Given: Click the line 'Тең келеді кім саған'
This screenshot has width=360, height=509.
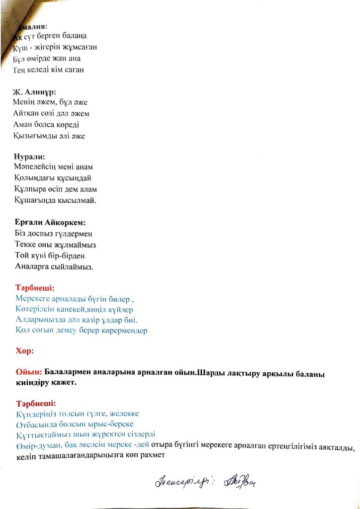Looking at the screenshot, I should [x=49, y=70].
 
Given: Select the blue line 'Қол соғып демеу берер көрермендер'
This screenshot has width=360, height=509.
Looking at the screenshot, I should [x=82, y=330].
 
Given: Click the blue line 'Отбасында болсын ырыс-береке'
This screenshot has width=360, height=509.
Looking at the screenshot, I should [x=75, y=424].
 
